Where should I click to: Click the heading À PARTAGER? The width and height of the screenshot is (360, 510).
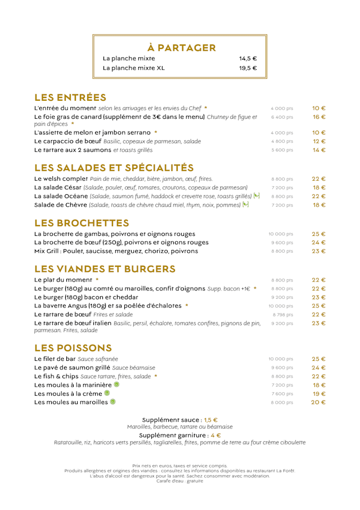pyautogui.click(x=182, y=48)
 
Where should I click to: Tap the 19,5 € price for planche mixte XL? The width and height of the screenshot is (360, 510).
pyautogui.click(x=247, y=68)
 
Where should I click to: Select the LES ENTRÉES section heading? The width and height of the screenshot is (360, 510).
pyautogui.click(x=70, y=97)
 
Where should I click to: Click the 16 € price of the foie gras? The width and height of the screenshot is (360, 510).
pyautogui.click(x=319, y=117)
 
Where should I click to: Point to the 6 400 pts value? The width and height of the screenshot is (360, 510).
pyautogui.click(x=282, y=118)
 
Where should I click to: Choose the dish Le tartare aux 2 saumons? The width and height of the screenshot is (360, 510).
pyautogui.click(x=73, y=150)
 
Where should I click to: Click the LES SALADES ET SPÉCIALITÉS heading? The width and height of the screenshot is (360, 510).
pyautogui.click(x=114, y=168)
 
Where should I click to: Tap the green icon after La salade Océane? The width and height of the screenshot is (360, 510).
pyautogui.click(x=256, y=196)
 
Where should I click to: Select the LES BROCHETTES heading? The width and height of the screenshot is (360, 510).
pyautogui.click(x=82, y=223)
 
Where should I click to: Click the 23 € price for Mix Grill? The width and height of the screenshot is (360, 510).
pyautogui.click(x=319, y=251)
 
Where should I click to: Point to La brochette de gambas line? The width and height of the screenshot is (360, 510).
pyautogui.click(x=115, y=234)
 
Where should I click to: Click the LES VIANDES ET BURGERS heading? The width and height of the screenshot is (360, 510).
pyautogui.click(x=105, y=269)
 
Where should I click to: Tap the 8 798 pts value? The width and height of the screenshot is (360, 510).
pyautogui.click(x=283, y=315)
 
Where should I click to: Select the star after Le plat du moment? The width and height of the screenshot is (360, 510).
pyautogui.click(x=97, y=280)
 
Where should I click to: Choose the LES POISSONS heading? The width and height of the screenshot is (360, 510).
pyautogui.click(x=73, y=348)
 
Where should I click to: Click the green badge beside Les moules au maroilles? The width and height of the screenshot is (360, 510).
pyautogui.click(x=112, y=402)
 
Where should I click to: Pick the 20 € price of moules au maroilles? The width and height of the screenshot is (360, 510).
pyautogui.click(x=319, y=402)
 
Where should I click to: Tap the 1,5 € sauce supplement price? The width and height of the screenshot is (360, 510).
pyautogui.click(x=211, y=420)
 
